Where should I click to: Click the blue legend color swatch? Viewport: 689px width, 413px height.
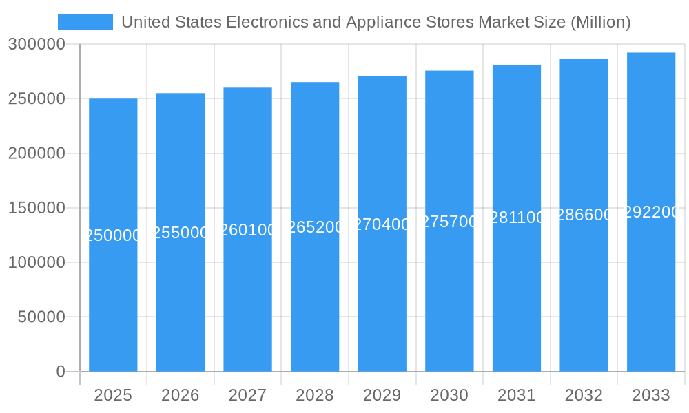click(x=85, y=22)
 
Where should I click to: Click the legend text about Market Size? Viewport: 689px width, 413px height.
click(x=376, y=22)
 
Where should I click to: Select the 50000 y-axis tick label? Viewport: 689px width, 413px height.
click(x=41, y=317)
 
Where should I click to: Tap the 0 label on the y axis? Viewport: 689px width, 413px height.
click(x=61, y=372)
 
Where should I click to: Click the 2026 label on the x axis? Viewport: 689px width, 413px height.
click(x=181, y=395)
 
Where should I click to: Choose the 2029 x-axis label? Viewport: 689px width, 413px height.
click(x=382, y=395)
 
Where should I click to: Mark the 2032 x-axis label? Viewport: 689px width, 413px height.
click(x=584, y=395)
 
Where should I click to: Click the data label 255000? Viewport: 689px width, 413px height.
click(x=181, y=233)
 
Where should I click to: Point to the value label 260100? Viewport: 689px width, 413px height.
click(x=247, y=230)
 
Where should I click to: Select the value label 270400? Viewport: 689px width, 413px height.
click(x=382, y=224)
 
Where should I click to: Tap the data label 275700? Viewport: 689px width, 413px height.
click(x=449, y=222)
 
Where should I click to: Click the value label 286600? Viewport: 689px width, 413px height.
click(x=584, y=215)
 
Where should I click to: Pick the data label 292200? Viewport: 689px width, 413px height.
click(x=651, y=212)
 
